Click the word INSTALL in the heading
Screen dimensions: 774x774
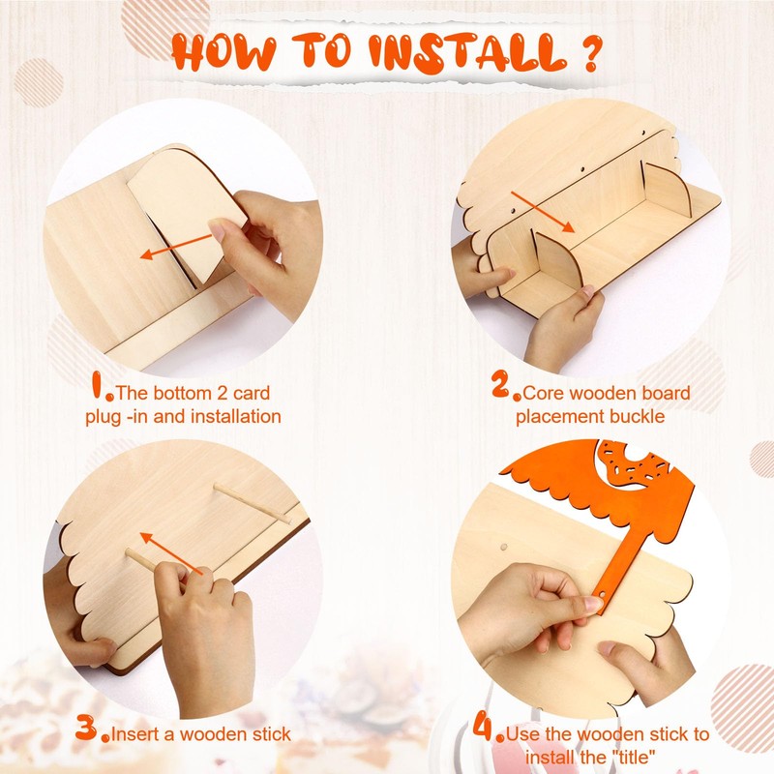(x=467, y=53)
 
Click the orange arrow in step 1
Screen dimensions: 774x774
(x=176, y=247)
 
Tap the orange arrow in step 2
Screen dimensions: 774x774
(x=543, y=212)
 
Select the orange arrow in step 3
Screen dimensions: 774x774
(x=171, y=553)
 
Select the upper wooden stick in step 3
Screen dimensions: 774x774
(x=252, y=502)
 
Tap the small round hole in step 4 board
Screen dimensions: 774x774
(x=503, y=548)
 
